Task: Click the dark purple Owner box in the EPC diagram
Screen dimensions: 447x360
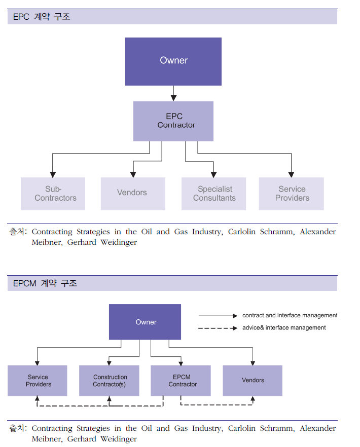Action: [x=173, y=61]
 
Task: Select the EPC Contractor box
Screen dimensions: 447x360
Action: [x=173, y=121]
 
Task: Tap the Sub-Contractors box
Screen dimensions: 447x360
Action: [x=53, y=194]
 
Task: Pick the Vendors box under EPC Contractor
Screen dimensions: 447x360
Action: [x=132, y=194]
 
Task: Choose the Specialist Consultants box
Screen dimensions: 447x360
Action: [x=213, y=194]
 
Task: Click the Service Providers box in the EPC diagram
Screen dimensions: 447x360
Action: [x=292, y=194]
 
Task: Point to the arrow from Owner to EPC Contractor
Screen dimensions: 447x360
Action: [x=173, y=93]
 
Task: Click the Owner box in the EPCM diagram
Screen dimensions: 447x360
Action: [x=145, y=322]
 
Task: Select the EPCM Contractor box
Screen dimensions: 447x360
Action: [x=181, y=381]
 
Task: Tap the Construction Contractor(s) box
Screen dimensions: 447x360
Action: [x=109, y=381]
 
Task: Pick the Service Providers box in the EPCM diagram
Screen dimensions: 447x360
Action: [x=38, y=381]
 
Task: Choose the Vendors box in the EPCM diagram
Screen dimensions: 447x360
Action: [x=253, y=381]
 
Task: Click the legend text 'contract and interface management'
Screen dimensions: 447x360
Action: [x=290, y=316]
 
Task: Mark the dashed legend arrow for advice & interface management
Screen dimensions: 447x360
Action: [x=218, y=328]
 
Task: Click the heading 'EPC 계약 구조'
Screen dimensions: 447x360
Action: [x=42, y=17]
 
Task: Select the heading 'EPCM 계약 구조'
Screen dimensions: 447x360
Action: [x=45, y=283]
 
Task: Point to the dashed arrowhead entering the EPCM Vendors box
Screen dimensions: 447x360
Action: [x=253, y=399]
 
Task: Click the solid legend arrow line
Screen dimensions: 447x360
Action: [x=218, y=316]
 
